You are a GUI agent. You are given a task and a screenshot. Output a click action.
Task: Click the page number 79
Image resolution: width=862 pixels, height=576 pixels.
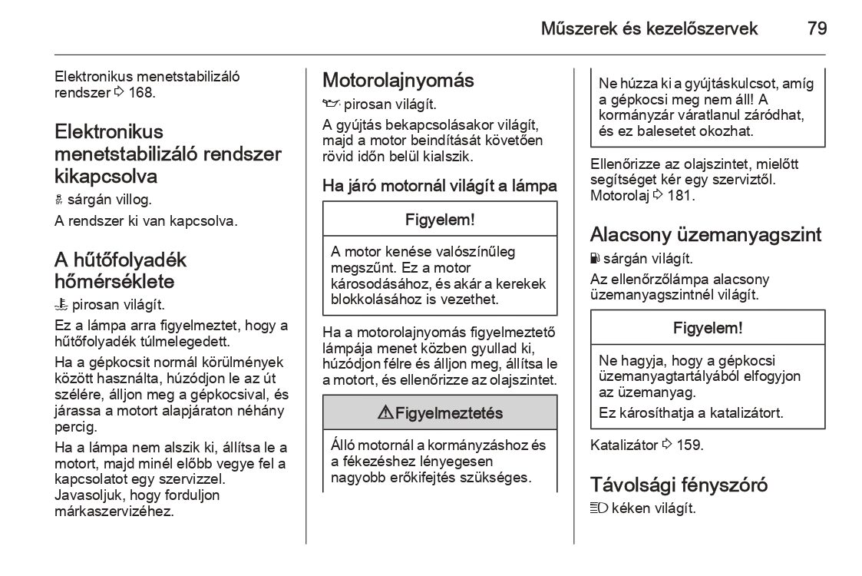coord(817,29)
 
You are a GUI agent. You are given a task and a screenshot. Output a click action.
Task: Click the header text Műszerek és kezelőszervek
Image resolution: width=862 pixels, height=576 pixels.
coord(649,29)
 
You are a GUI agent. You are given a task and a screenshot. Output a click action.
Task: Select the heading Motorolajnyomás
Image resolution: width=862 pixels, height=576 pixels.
coord(398,80)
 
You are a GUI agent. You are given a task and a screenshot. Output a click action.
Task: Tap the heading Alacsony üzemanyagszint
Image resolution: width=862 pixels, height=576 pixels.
coord(705,234)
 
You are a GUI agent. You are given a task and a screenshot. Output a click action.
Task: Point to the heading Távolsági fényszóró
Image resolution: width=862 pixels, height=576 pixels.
coord(679,485)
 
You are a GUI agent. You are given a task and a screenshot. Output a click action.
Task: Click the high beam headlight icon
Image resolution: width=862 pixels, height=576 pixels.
coord(599,508)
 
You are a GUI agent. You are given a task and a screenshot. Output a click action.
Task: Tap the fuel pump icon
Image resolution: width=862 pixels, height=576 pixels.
coord(595,258)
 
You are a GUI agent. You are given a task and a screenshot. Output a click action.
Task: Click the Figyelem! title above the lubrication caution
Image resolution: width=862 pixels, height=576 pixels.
coord(440,220)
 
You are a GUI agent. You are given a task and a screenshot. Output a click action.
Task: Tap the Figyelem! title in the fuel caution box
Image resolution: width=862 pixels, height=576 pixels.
coord(708,328)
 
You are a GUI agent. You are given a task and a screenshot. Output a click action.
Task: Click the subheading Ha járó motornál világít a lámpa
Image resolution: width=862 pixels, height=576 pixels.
coord(440,186)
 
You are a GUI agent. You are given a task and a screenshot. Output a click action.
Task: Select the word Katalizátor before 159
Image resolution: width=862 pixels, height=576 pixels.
coord(624,445)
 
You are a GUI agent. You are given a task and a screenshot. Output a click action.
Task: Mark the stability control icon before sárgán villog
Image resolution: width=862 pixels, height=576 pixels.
coord(58,200)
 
